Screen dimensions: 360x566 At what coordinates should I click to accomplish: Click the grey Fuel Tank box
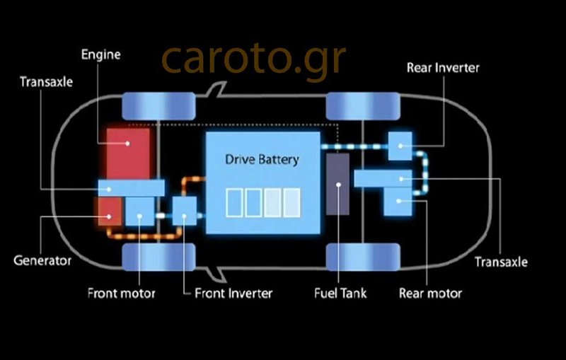click(x=338, y=183)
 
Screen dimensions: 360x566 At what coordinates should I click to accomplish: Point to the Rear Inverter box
click(x=400, y=146)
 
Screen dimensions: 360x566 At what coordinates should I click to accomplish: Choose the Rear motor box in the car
click(x=398, y=201)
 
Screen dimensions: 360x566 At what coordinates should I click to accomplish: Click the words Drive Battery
click(x=262, y=159)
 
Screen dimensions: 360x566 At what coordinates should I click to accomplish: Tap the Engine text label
click(x=101, y=54)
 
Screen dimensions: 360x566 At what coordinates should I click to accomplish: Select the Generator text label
click(x=42, y=260)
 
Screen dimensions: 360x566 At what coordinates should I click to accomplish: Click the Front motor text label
click(x=121, y=293)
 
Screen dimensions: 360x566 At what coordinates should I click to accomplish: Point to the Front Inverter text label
click(x=233, y=293)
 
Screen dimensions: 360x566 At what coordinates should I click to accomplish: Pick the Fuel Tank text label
click(x=340, y=293)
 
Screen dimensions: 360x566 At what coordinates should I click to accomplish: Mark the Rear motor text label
click(x=430, y=293)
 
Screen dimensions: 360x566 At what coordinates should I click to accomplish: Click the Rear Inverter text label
click(x=444, y=68)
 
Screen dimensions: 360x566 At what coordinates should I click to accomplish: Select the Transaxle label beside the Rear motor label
click(x=501, y=262)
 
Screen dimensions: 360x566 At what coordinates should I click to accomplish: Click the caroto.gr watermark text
click(x=253, y=60)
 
